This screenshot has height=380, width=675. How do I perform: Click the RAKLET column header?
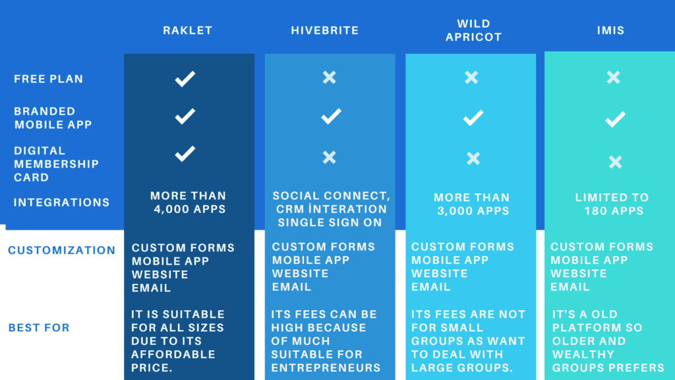point(188,30)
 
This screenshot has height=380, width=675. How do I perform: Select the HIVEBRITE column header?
point(324,30)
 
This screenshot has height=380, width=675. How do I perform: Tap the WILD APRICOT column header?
point(473,30)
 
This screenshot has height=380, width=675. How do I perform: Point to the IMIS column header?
point(610,30)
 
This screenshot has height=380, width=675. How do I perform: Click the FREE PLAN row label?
point(49,79)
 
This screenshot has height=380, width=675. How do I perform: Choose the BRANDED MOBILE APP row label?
point(53,117)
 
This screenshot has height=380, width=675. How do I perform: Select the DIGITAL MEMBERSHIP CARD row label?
point(57,164)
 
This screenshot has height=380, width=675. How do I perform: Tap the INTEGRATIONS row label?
point(61,203)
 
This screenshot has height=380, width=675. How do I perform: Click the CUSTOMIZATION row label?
point(61,250)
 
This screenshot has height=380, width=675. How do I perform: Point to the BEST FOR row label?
point(39,328)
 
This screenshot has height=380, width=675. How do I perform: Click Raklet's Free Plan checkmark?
point(185,79)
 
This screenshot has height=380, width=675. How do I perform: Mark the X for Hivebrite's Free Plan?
point(330,78)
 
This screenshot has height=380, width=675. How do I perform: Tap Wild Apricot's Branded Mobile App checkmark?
point(473,117)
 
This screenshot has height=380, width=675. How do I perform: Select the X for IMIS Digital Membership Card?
point(616,162)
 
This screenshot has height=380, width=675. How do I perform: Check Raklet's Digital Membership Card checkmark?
point(185,154)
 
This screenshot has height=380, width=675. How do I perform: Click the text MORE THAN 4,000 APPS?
point(188,203)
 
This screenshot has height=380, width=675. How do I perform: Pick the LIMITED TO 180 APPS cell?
point(612,205)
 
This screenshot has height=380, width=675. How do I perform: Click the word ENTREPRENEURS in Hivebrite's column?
point(326,368)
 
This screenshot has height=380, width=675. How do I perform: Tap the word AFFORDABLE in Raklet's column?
point(173,354)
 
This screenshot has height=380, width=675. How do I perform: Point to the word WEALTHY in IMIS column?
point(583,354)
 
